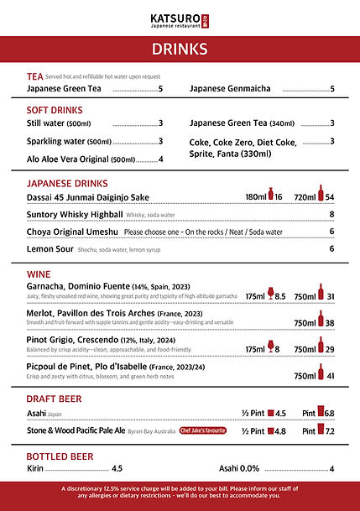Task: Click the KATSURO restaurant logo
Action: [179, 18]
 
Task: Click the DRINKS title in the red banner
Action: [180, 50]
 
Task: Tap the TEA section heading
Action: [34, 76]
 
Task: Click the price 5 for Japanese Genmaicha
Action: [332, 89]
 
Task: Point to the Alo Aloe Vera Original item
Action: [81, 159]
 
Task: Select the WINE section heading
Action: [39, 273]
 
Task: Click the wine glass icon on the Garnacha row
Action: [269, 295]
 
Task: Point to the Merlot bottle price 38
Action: [330, 323]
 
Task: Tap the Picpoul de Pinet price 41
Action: [330, 377]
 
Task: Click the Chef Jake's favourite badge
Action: [204, 430]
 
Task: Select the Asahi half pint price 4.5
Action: [280, 413]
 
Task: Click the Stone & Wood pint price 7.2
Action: [330, 430]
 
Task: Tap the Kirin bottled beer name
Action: [35, 468]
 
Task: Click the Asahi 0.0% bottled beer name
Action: [239, 468]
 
